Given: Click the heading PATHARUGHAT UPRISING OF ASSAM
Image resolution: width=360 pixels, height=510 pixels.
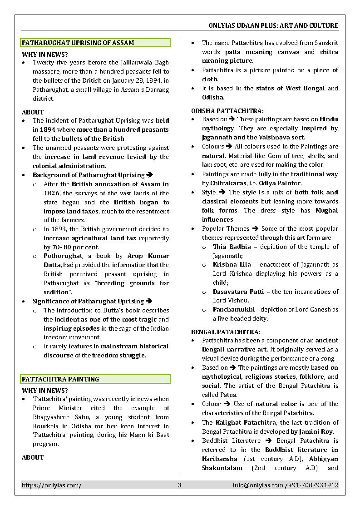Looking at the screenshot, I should pyautogui.click(x=78, y=43).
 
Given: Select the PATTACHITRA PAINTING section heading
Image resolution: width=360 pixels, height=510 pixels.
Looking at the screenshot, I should pyautogui.click(x=60, y=379).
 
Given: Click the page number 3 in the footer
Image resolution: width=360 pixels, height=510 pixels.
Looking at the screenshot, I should pyautogui.click(x=179, y=485).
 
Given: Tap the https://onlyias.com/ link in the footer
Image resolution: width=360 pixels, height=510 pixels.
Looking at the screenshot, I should pyautogui.click(x=52, y=485).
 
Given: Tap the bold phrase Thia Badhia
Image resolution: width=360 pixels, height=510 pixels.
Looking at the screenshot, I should pyautogui.click(x=232, y=247).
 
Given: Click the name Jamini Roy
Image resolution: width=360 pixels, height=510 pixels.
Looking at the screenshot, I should pyautogui.click(x=316, y=431).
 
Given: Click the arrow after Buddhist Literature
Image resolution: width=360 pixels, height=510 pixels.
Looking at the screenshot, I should pyautogui.click(x=266, y=441).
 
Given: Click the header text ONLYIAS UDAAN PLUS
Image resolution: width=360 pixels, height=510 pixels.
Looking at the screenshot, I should pyautogui.click(x=241, y=25).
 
